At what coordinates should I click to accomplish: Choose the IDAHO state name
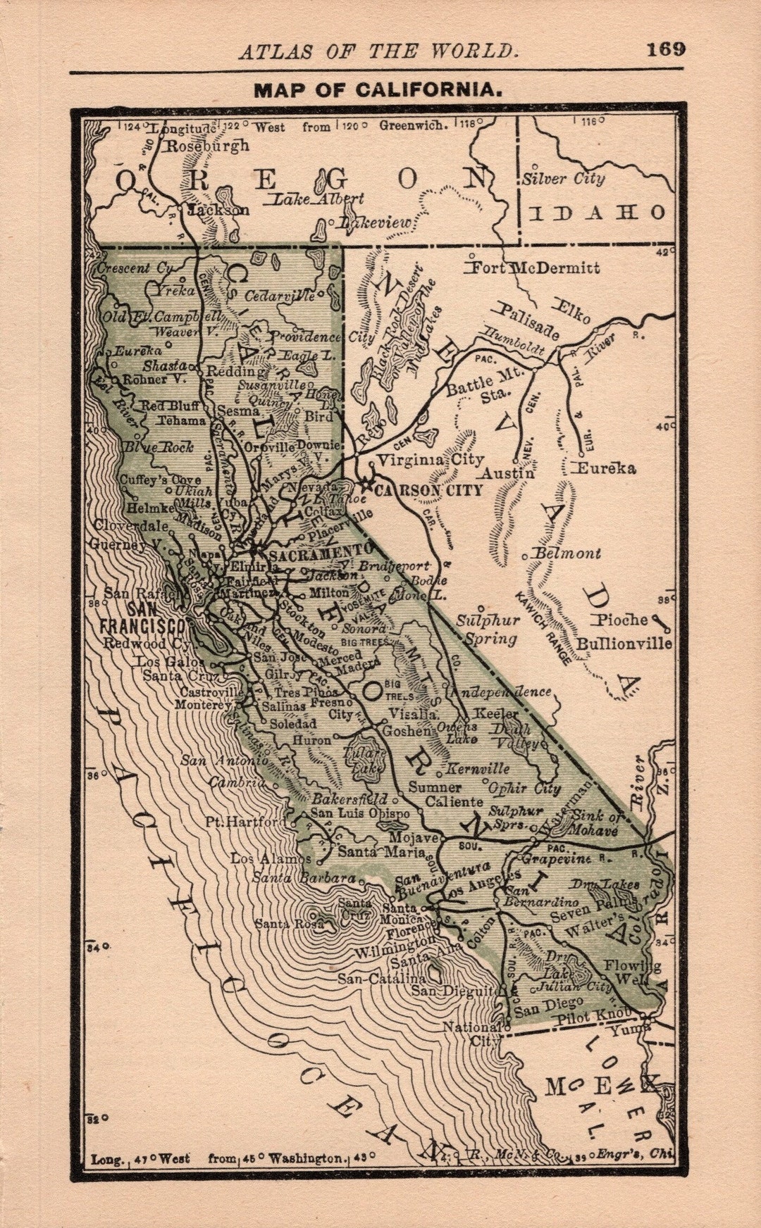click(596, 212)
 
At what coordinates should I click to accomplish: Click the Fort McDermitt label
click(535, 268)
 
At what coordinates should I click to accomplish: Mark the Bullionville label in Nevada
click(624, 643)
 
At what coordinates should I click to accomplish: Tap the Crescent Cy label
click(134, 268)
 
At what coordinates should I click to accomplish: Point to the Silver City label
click(563, 179)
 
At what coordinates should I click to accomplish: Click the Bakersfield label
click(349, 799)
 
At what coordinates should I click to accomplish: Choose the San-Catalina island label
click(381, 979)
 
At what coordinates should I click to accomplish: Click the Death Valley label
click(515, 737)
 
